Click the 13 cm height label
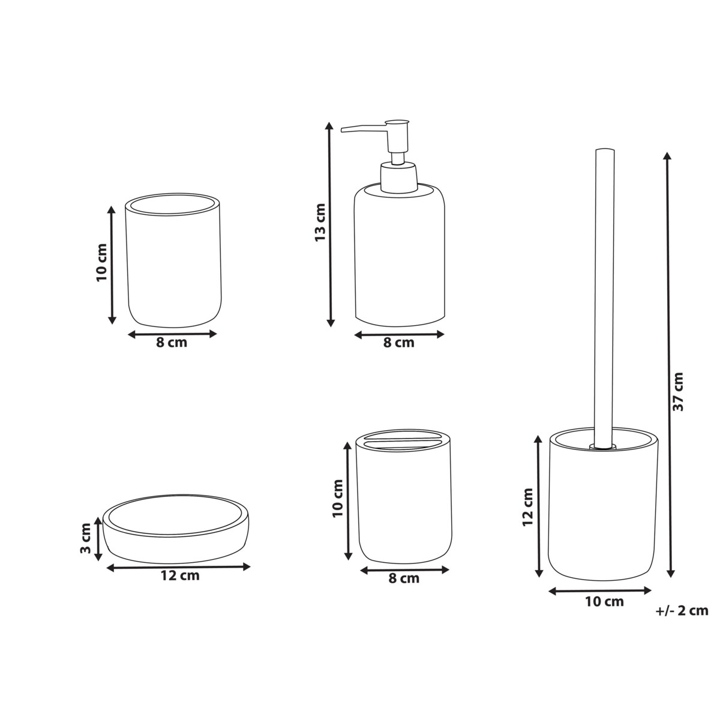[x=320, y=223]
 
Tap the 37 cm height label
[x=677, y=391]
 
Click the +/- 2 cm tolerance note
[x=682, y=620]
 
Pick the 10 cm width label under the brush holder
[x=605, y=612]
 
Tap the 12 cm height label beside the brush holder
[x=527, y=507]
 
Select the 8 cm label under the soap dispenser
[x=398, y=343]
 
